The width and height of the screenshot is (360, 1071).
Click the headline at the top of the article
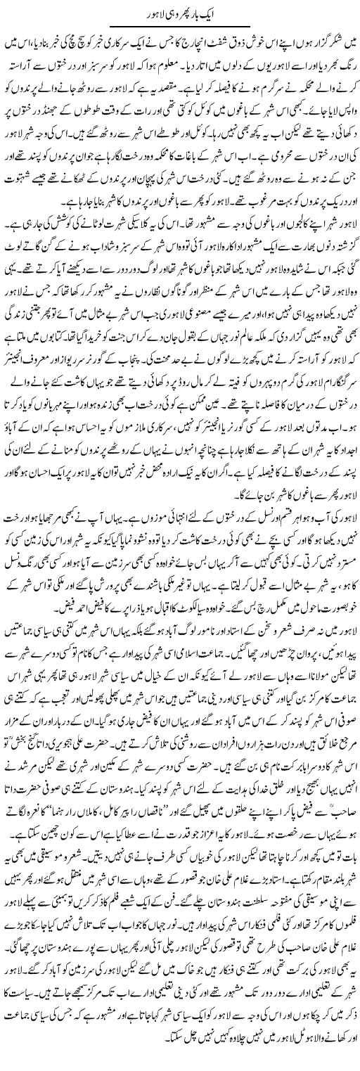(180, 13)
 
